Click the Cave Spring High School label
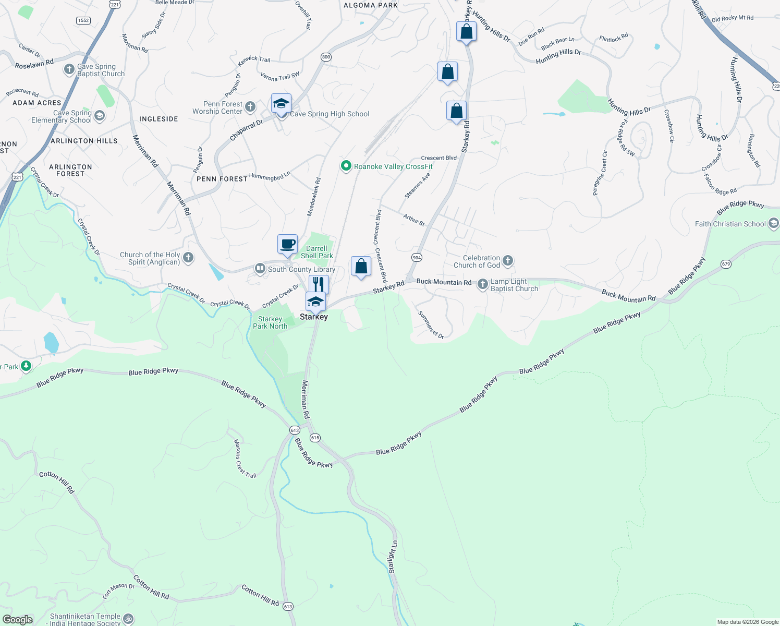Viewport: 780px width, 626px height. click(x=330, y=114)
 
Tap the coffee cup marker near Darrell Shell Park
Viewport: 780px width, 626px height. click(x=287, y=244)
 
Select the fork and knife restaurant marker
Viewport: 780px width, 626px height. click(x=319, y=284)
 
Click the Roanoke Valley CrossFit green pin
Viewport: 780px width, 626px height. click(x=345, y=166)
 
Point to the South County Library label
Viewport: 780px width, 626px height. click(x=301, y=269)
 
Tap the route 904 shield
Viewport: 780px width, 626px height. click(x=417, y=258)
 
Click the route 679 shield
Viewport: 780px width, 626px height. click(x=726, y=264)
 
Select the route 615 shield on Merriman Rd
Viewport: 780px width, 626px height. click(x=315, y=438)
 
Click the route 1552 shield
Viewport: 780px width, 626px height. click(x=83, y=20)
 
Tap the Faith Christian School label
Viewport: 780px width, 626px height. click(x=730, y=224)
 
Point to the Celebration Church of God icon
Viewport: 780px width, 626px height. click(x=508, y=260)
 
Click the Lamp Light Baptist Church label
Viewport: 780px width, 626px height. click(x=514, y=285)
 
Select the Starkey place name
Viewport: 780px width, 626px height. click(x=314, y=317)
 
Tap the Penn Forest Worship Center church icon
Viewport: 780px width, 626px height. click(x=250, y=107)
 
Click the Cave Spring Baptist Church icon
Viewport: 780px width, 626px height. click(x=69, y=69)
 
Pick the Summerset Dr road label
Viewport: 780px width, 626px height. click(x=431, y=325)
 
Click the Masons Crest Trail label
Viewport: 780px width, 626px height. click(x=245, y=459)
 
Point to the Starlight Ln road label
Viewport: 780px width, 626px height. click(x=393, y=557)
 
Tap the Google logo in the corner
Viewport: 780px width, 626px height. click(x=17, y=620)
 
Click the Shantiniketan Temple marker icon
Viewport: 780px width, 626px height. click(x=128, y=619)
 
